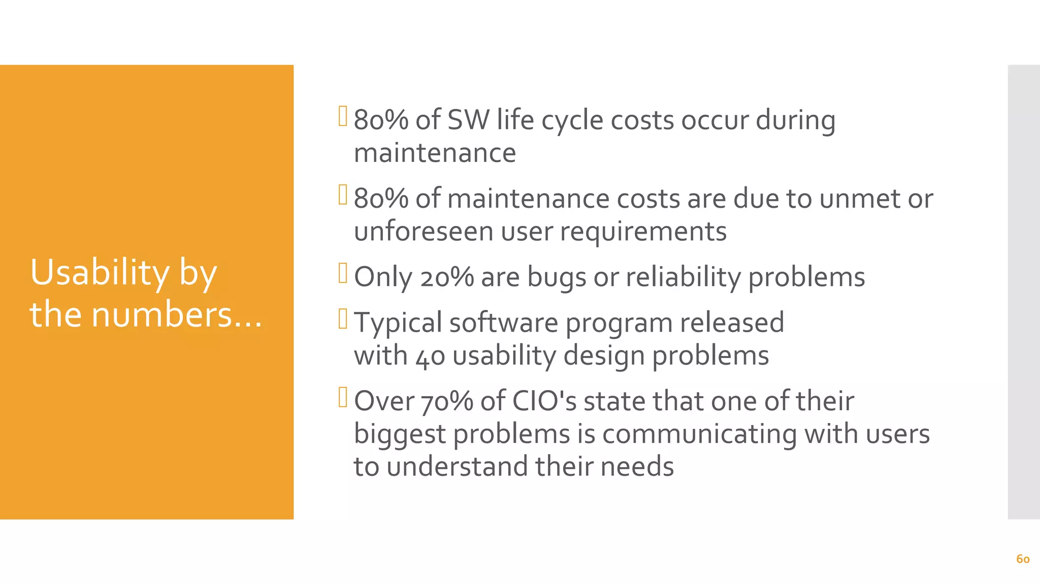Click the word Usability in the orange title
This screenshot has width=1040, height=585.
click(x=100, y=273)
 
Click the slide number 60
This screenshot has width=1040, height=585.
click(x=1023, y=559)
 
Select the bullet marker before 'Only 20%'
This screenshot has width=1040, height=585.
click(x=343, y=273)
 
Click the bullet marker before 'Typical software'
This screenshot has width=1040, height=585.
click(x=343, y=319)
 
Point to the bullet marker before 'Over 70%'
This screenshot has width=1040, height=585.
click(x=343, y=397)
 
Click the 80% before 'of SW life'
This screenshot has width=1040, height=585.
click(x=381, y=120)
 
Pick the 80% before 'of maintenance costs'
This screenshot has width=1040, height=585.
click(x=381, y=199)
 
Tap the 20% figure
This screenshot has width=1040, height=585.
click(x=446, y=277)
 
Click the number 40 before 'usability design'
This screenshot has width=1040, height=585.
click(x=430, y=356)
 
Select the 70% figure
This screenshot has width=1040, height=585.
click(x=447, y=401)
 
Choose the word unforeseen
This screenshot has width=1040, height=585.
click(x=424, y=232)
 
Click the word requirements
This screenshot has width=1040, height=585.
click(x=643, y=232)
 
